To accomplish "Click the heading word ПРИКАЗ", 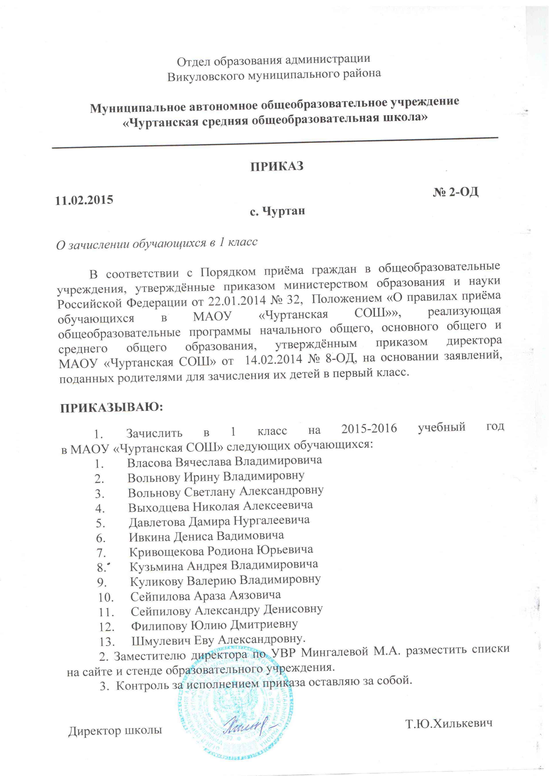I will (277, 167).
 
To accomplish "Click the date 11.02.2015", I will (84, 200).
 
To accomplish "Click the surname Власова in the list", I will (150, 463).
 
